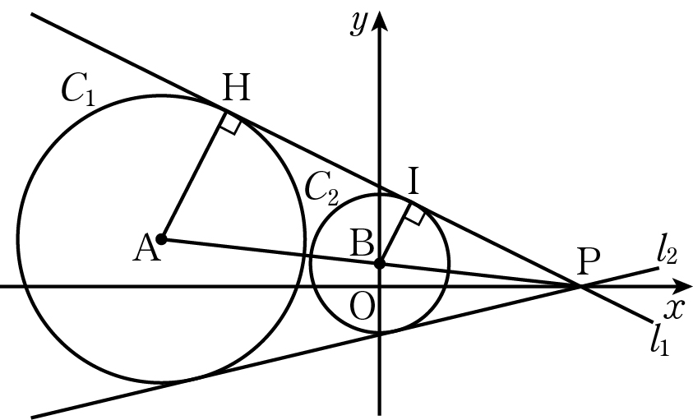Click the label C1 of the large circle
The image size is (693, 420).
click(x=78, y=90)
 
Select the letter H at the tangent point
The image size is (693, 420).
click(x=237, y=88)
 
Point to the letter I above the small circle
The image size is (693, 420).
click(x=413, y=182)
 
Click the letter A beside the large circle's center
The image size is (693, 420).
click(x=146, y=248)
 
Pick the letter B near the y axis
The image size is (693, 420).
click(x=362, y=242)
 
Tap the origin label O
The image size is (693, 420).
click(x=362, y=307)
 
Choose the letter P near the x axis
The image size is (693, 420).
click(x=589, y=261)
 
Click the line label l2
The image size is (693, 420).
click(x=667, y=254)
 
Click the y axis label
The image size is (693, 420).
click(x=358, y=24)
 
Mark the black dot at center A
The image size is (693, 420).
click(x=162, y=239)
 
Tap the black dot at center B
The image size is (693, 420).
click(x=380, y=264)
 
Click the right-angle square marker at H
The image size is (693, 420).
click(x=232, y=123)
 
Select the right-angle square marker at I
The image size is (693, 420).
click(x=415, y=214)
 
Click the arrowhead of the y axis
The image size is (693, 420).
click(x=380, y=20)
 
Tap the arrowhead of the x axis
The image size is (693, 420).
click(x=681, y=287)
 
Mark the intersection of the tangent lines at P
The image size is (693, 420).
click(x=579, y=287)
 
